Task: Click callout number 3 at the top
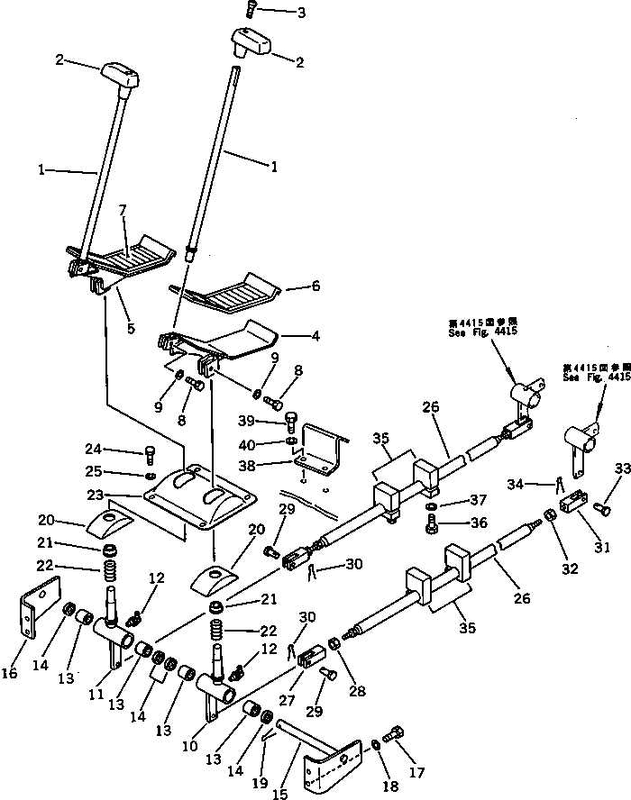[x=276, y=13]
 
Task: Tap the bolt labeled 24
[x=151, y=453]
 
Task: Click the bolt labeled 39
[x=291, y=421]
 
